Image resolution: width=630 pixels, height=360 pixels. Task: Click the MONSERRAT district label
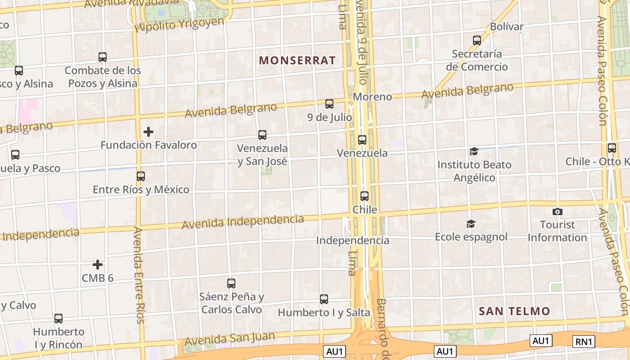click(x=297, y=60)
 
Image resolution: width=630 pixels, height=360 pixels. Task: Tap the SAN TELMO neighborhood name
click(x=514, y=311)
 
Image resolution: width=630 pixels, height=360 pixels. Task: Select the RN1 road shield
click(x=584, y=342)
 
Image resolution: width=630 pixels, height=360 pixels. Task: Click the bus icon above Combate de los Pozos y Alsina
click(x=103, y=57)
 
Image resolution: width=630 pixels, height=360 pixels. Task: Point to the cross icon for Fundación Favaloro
click(x=148, y=132)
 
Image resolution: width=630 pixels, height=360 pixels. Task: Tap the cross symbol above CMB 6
click(x=98, y=265)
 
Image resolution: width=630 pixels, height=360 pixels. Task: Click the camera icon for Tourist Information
click(x=557, y=211)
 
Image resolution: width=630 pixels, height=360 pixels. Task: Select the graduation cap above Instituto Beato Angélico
click(x=474, y=151)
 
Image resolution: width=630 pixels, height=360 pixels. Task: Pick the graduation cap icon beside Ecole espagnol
click(x=471, y=224)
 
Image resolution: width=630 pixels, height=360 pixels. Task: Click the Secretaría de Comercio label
click(x=477, y=60)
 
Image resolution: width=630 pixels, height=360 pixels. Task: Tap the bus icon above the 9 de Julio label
click(x=329, y=104)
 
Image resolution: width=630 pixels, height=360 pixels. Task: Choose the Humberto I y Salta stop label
click(x=324, y=312)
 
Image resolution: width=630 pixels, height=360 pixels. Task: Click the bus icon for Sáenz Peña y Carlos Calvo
click(x=231, y=283)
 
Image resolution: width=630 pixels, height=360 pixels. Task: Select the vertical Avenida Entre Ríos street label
click(x=139, y=274)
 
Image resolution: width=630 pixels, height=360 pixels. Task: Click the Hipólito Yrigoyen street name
click(x=179, y=25)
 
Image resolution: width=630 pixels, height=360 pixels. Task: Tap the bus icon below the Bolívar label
click(x=477, y=40)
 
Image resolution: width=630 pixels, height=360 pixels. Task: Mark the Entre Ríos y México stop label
click(x=141, y=189)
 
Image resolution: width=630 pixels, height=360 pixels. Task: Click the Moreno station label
click(x=372, y=97)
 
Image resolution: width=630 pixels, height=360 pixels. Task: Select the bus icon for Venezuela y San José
click(x=262, y=135)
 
